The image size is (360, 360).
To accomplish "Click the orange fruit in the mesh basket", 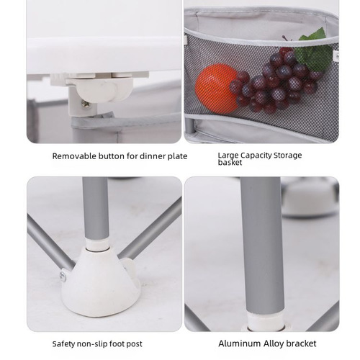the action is pyautogui.click(x=215, y=89).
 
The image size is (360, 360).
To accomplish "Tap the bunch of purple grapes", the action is pyautogui.click(x=276, y=81).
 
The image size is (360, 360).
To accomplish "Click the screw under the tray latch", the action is pyautogui.click(x=85, y=104).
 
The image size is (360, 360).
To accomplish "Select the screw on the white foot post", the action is pyautogui.click(x=63, y=276).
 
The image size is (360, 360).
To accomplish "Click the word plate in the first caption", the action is pyautogui.click(x=177, y=156).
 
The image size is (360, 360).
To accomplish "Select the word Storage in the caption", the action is pyautogui.click(x=288, y=156).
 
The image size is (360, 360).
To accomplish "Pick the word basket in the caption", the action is pyautogui.click(x=230, y=163).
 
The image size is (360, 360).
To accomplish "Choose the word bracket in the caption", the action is pyautogui.click(x=301, y=343).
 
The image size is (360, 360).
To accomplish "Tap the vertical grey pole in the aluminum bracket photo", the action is pyautogui.click(x=261, y=245).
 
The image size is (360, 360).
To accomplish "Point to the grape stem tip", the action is pyautogui.click(x=283, y=37).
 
